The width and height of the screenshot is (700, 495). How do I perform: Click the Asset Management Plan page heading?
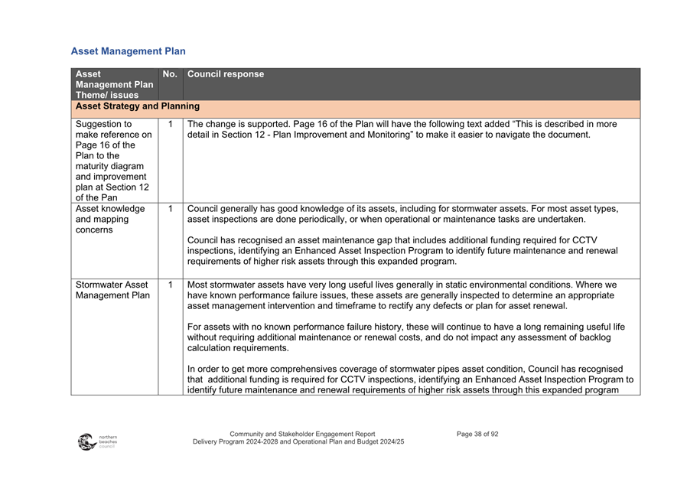click(128, 51)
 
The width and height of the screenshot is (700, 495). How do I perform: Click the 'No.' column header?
click(170, 74)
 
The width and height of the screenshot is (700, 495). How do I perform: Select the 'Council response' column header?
click(226, 74)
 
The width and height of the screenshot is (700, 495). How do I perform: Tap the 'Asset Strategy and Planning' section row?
click(138, 106)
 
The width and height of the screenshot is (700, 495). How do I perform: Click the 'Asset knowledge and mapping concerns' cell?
click(111, 219)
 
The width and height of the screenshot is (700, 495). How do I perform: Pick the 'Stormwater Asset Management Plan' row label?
click(112, 290)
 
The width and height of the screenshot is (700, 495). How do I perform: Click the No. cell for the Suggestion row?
click(170, 124)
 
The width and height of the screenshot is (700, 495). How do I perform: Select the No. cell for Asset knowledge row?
click(170, 208)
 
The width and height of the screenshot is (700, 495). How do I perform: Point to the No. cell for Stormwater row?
click(170, 285)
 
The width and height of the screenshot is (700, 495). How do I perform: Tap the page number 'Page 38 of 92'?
click(477, 434)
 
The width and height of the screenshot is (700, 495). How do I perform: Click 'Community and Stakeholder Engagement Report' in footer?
click(302, 434)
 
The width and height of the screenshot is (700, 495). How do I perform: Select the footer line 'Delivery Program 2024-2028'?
click(298, 442)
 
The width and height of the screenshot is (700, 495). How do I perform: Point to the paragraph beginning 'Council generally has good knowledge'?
click(402, 213)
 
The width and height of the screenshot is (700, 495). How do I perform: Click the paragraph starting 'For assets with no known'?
click(405, 337)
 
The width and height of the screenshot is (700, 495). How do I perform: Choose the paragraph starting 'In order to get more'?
click(409, 379)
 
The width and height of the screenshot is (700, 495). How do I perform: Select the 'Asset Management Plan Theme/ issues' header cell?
click(114, 84)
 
